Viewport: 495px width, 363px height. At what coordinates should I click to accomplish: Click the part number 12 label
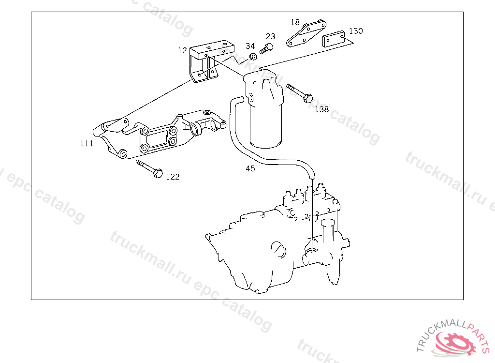(182, 50)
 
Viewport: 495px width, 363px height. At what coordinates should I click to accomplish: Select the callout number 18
(295, 22)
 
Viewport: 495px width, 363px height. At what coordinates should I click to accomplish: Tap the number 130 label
(356, 31)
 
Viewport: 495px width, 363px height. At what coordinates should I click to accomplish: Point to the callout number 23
(270, 36)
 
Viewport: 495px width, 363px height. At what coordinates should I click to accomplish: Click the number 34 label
(250, 46)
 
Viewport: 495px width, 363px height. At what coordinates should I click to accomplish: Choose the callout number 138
(322, 109)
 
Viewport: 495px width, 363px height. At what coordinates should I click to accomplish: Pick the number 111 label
(87, 143)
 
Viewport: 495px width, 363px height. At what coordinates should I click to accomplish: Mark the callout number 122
(173, 177)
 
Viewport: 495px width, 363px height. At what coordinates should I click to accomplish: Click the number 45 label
(250, 168)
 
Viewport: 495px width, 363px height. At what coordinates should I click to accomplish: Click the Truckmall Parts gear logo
(454, 341)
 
